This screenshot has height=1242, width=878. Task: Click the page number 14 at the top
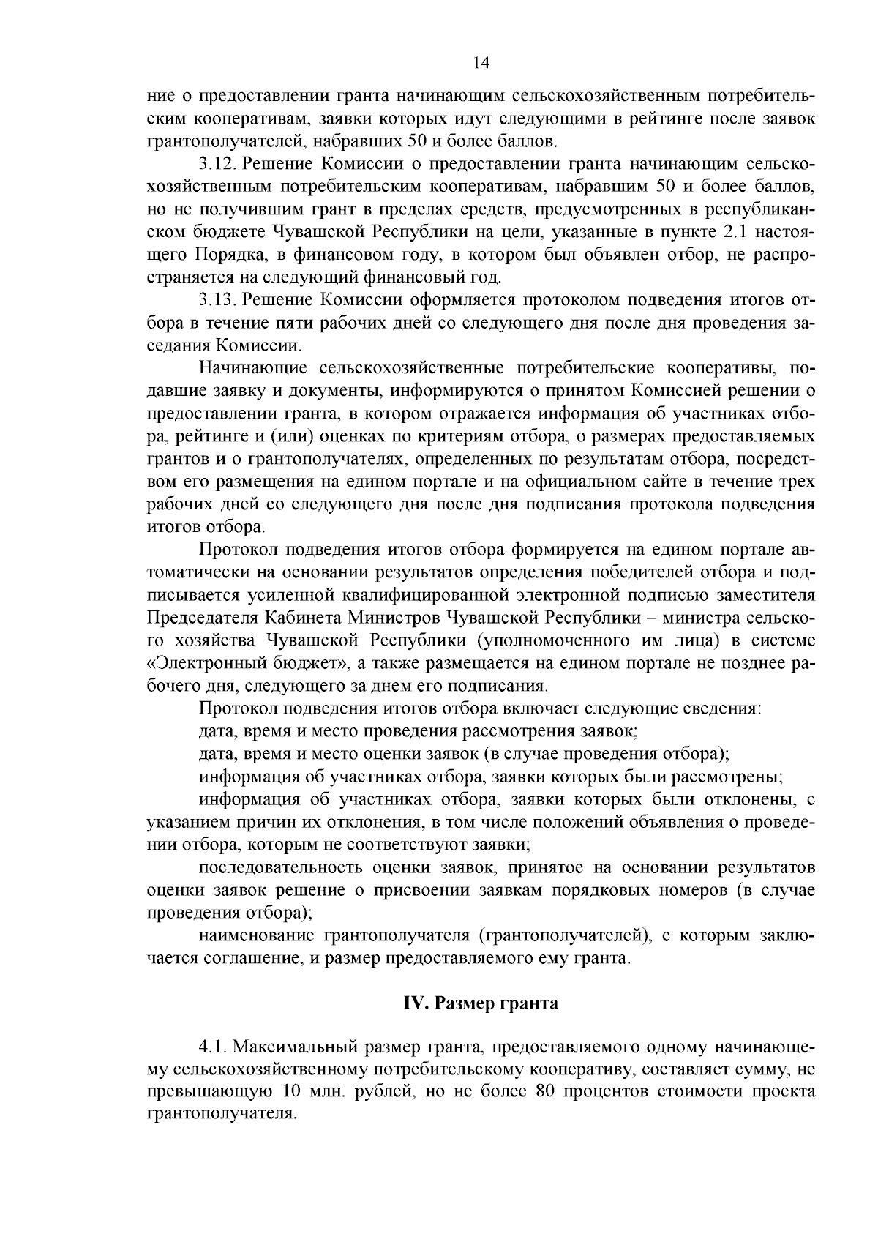point(481,63)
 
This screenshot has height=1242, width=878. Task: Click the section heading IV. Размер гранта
point(481,1003)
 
